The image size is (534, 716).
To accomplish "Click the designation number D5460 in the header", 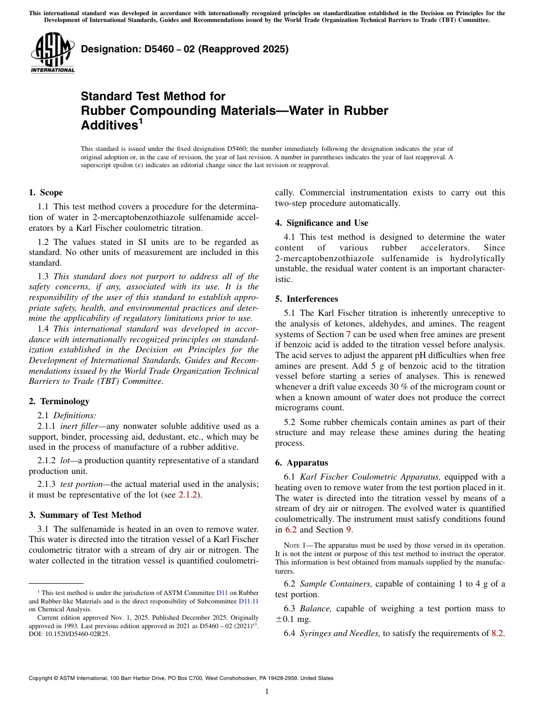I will coord(152,49).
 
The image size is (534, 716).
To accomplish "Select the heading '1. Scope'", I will coord(46,193).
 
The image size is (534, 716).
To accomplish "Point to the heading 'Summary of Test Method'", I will coord(90,515).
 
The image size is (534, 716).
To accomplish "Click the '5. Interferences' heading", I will coord(306,299).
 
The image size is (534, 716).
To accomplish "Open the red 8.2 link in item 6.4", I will coord(497,633).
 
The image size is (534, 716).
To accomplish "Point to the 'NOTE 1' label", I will coord(295,545).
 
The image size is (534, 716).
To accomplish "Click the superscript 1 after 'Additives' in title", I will coord(141,120).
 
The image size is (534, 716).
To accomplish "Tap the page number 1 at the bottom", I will coord(267,691).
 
